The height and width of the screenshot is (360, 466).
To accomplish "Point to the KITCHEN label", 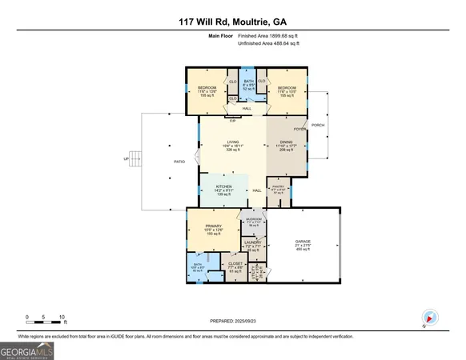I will [223, 186].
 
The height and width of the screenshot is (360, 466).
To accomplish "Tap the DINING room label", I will [286, 140].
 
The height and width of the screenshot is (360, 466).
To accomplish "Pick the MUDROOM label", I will [255, 222].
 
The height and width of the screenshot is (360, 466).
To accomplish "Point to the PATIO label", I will [180, 162].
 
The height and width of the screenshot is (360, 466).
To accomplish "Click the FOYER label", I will [299, 129].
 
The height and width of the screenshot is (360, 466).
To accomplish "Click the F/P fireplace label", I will [233, 121].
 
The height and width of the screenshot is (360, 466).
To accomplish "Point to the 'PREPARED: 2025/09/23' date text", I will [232, 321].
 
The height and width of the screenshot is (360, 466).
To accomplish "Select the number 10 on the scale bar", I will [62, 317].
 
